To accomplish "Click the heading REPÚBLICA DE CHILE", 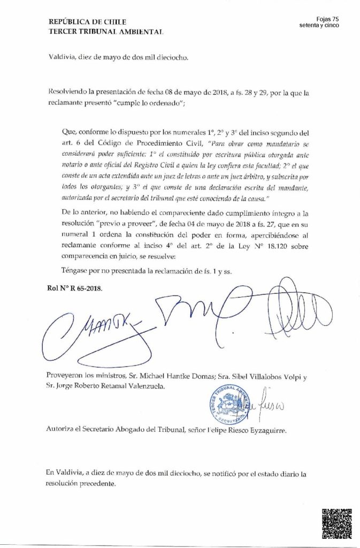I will [x=87, y=22].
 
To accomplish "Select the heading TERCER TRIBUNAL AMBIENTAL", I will [x=106, y=32].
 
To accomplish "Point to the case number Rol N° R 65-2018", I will [x=74, y=288].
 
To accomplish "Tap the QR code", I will [x=336, y=523].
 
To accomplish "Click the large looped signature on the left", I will [x=86, y=326].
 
